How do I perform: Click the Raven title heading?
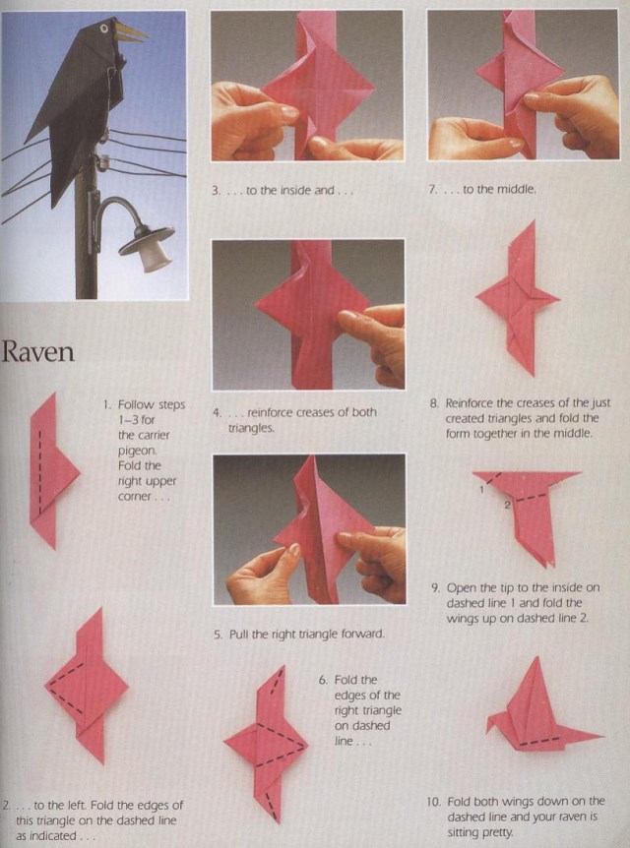(x=37, y=352)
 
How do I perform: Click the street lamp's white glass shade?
(x=156, y=258)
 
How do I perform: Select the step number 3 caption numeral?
(x=216, y=191)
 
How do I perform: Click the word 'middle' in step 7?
(x=517, y=189)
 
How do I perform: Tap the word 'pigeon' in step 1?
(x=137, y=451)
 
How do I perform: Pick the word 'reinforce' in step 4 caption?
(x=273, y=412)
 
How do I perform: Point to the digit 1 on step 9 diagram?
(x=481, y=490)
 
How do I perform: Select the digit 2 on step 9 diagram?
(x=507, y=505)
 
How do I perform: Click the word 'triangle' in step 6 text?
(x=382, y=710)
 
